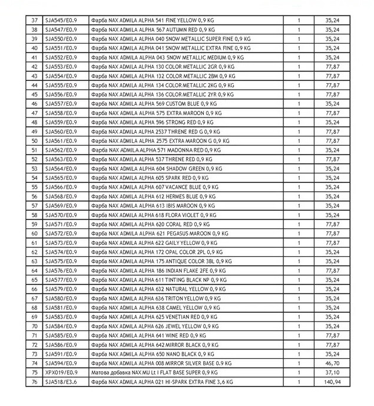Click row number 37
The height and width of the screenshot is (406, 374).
coord(34,20)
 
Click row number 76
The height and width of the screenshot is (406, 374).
coord(34,382)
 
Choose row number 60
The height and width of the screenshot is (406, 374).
coord(34,234)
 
